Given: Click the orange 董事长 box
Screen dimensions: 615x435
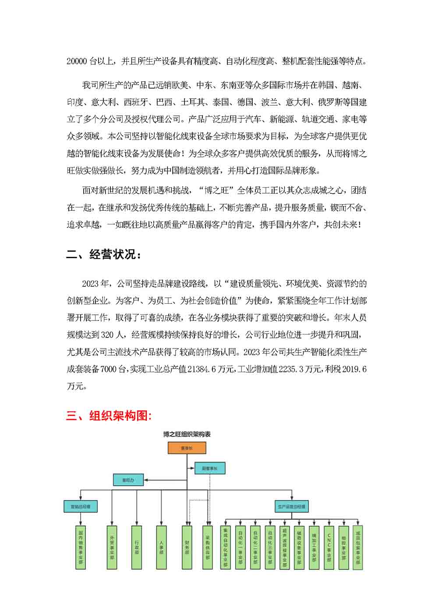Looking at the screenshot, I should click(187, 448).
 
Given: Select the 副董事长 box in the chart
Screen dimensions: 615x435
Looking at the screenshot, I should click(209, 468).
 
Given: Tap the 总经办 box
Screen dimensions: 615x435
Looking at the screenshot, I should click(128, 480).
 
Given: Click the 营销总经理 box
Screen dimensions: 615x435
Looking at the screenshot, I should click(80, 506).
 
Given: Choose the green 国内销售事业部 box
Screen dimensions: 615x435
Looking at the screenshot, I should click(80, 547).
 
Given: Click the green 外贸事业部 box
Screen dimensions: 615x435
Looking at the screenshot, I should click(112, 547).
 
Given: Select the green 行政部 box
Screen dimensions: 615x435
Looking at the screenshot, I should click(137, 547).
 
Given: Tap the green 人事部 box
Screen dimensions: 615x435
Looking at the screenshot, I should click(161, 547).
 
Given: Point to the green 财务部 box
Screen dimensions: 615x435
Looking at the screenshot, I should click(187, 547).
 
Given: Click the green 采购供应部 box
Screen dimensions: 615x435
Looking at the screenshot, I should click(207, 547).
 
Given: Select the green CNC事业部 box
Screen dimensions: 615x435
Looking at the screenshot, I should click(329, 547).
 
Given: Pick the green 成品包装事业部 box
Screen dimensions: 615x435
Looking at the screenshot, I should click(358, 547).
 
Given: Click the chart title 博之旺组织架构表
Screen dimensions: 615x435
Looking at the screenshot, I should click(187, 434).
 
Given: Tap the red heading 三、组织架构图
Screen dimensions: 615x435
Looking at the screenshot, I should click(109, 416).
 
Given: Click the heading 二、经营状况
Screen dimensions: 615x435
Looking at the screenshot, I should click(104, 254).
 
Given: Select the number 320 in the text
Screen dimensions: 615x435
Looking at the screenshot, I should click(108, 335).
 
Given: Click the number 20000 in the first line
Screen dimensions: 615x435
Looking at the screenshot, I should click(76, 61).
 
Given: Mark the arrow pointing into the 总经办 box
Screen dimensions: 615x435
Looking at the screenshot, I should click(146, 480).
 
